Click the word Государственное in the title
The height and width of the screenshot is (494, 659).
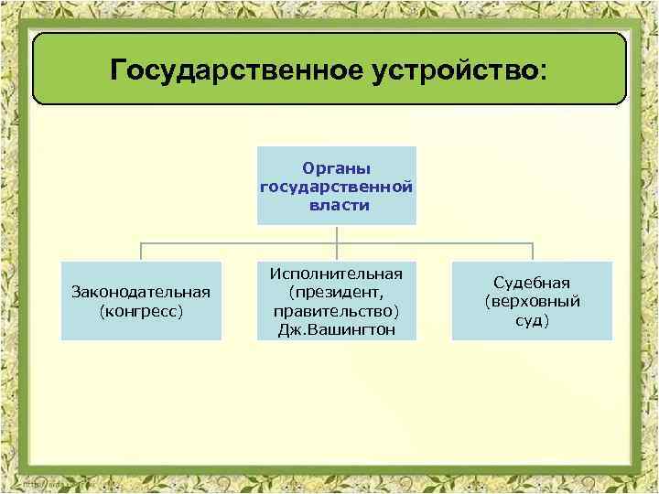click(225, 70)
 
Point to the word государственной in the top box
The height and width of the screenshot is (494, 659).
click(337, 187)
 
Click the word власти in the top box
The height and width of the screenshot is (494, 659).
click(337, 205)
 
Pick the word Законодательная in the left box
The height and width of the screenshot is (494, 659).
click(141, 292)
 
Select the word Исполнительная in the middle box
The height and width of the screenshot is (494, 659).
click(337, 274)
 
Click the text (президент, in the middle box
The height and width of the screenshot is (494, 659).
click(337, 292)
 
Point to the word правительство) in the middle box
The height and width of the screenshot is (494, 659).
click(337, 310)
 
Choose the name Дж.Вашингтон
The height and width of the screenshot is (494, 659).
click(337, 329)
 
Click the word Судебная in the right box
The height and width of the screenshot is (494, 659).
click(532, 283)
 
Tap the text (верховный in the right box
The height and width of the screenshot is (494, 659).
click(532, 301)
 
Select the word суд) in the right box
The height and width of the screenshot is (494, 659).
click(532, 320)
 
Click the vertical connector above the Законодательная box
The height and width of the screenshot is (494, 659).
click(141, 252)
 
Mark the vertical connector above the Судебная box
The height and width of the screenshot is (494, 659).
click(533, 252)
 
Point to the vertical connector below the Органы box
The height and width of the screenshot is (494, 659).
click(337, 234)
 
